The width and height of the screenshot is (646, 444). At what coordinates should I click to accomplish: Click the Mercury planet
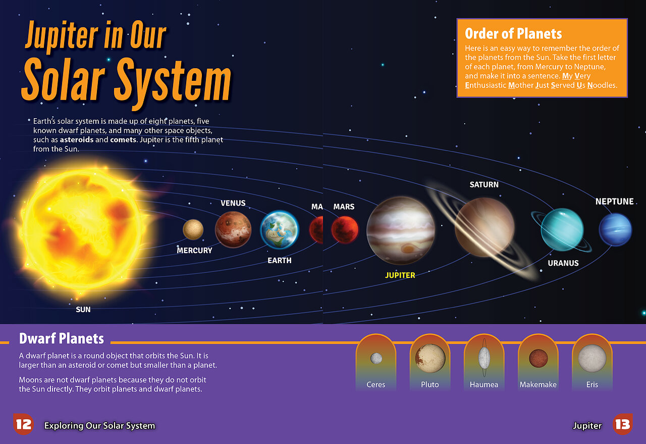(x=193, y=229)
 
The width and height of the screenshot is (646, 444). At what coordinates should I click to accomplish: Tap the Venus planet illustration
(x=233, y=229)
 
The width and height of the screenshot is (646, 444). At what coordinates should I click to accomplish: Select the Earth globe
(x=280, y=230)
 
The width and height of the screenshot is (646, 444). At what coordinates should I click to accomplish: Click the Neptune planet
(x=615, y=229)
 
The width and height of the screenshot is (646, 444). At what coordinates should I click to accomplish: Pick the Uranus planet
(x=562, y=229)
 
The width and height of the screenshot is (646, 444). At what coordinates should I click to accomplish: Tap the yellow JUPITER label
(x=400, y=275)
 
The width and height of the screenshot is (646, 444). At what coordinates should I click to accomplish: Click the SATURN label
(x=484, y=185)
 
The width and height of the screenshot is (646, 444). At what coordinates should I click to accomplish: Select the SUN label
(x=83, y=310)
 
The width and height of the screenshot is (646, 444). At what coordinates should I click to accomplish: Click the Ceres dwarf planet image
(x=376, y=358)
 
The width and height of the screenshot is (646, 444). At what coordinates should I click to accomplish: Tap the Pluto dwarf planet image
(x=430, y=358)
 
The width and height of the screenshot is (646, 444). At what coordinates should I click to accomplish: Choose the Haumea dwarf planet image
(x=484, y=358)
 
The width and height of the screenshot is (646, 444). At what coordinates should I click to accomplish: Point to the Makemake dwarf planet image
(x=538, y=358)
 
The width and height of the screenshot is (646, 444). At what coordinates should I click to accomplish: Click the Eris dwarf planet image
(x=592, y=358)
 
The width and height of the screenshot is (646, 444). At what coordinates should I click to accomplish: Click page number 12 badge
(x=23, y=424)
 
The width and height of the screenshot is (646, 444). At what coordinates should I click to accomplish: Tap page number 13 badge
(x=623, y=424)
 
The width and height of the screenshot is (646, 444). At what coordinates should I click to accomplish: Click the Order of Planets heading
(x=513, y=34)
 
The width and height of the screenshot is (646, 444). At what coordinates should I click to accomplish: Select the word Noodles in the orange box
(x=603, y=85)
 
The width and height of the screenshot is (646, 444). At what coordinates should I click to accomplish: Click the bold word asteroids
(x=76, y=140)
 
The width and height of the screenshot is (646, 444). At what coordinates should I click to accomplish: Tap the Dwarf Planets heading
(x=62, y=338)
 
